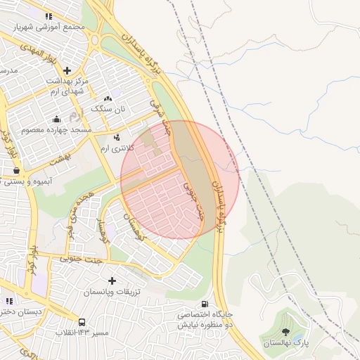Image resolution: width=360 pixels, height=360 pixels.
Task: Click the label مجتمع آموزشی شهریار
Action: (49, 26)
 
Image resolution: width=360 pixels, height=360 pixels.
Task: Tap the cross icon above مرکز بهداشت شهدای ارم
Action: (67, 70)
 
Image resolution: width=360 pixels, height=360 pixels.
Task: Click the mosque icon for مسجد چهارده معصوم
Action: (56, 119)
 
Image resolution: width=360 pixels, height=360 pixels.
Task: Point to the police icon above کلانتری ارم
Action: (117, 137)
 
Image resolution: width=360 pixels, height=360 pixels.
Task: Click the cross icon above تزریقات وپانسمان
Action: (112, 281)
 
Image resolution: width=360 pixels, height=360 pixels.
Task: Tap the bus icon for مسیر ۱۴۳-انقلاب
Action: (82, 321)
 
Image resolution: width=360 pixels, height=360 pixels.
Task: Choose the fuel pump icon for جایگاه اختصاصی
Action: (205, 303)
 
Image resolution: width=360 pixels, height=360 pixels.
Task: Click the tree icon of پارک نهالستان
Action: (285, 332)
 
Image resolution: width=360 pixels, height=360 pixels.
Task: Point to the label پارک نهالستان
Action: (286, 343)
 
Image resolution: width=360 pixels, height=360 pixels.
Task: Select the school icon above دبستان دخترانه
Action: (9, 300)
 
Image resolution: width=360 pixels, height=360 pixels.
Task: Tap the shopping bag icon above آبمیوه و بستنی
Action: (16, 170)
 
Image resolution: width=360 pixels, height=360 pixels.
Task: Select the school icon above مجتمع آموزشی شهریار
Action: (49, 15)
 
